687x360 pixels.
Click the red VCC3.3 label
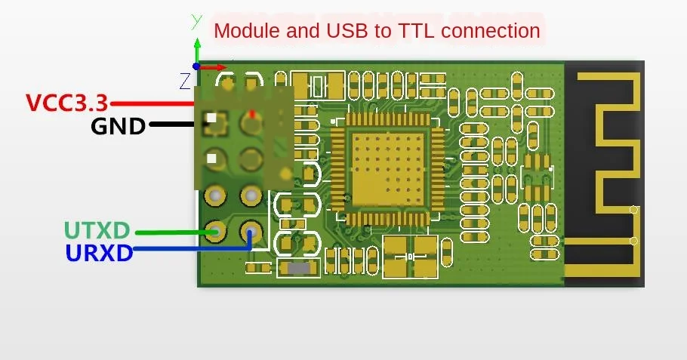67,103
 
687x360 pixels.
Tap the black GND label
118,125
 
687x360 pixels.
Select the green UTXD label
97,230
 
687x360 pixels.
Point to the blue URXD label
99,253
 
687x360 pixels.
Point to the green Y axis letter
196,20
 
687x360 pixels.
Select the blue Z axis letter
185,80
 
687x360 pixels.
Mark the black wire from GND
177,124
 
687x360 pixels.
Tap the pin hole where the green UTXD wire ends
216,230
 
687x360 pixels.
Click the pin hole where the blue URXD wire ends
250,229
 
